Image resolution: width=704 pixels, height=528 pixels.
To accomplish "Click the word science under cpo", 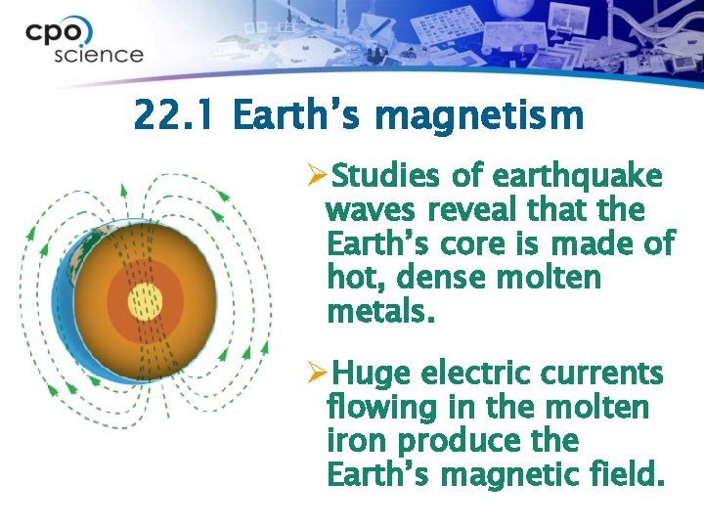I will [x=99, y=55].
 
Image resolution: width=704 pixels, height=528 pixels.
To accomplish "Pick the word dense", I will [x=442, y=278].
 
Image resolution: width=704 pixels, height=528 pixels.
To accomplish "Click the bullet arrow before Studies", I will [x=317, y=177].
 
